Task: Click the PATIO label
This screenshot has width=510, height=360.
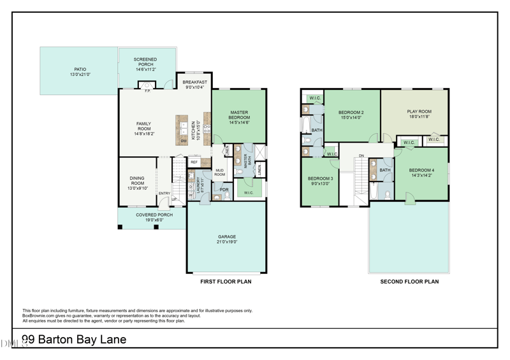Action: point(80,69)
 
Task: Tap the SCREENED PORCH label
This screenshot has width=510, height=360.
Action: point(145,60)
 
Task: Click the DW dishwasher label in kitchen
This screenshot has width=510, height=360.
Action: point(183,141)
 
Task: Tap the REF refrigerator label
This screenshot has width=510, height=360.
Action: point(194,162)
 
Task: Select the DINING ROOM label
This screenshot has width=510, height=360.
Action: point(137,179)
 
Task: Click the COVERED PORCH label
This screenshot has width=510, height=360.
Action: point(154,215)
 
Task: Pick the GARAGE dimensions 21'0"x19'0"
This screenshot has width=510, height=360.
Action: point(226,242)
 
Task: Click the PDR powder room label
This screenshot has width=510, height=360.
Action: point(224,189)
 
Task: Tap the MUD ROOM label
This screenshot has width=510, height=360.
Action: point(219,172)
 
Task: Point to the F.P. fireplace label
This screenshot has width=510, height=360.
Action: point(147,90)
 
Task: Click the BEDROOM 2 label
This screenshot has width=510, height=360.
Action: point(351,112)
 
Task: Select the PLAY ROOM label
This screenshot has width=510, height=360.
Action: point(419,112)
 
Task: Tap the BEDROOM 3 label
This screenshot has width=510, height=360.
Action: point(321,178)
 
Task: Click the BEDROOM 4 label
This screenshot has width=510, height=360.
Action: point(421,170)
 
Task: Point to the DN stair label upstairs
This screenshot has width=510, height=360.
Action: point(361,155)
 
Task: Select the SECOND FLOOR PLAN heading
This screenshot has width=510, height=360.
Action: point(409,281)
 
